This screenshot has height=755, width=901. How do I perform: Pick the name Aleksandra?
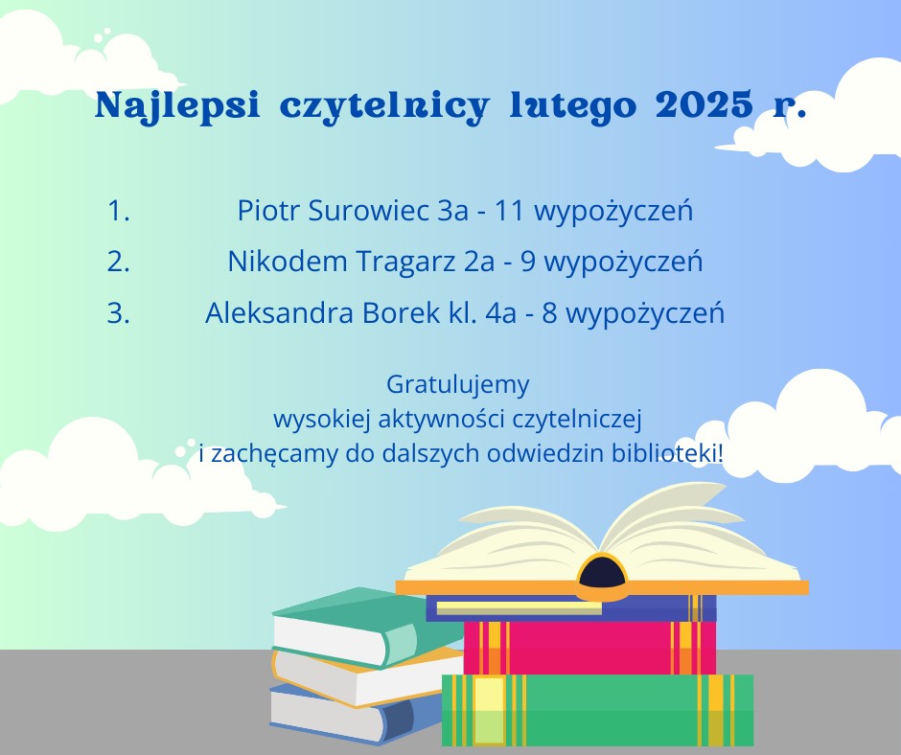pos(279,313)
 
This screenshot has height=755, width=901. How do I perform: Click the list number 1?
pos(118,211)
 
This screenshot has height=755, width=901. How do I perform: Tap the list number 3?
pos(118,313)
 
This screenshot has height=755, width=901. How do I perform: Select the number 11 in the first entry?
pos(509,211)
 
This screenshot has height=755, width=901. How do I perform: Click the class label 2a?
pos(479,262)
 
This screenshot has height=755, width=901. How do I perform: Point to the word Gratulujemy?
pos(458,385)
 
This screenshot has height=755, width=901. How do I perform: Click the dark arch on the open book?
pos(602,572)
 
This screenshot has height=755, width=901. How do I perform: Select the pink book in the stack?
pos(589,648)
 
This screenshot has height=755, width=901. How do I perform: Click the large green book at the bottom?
pos(597,710)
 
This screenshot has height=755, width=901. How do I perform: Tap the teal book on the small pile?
pos(368,627)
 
